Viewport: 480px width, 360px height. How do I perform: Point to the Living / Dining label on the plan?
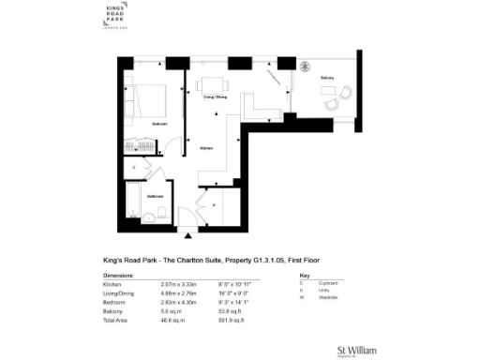(x=215, y=97)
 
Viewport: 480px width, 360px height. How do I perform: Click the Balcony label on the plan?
(x=326, y=78)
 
